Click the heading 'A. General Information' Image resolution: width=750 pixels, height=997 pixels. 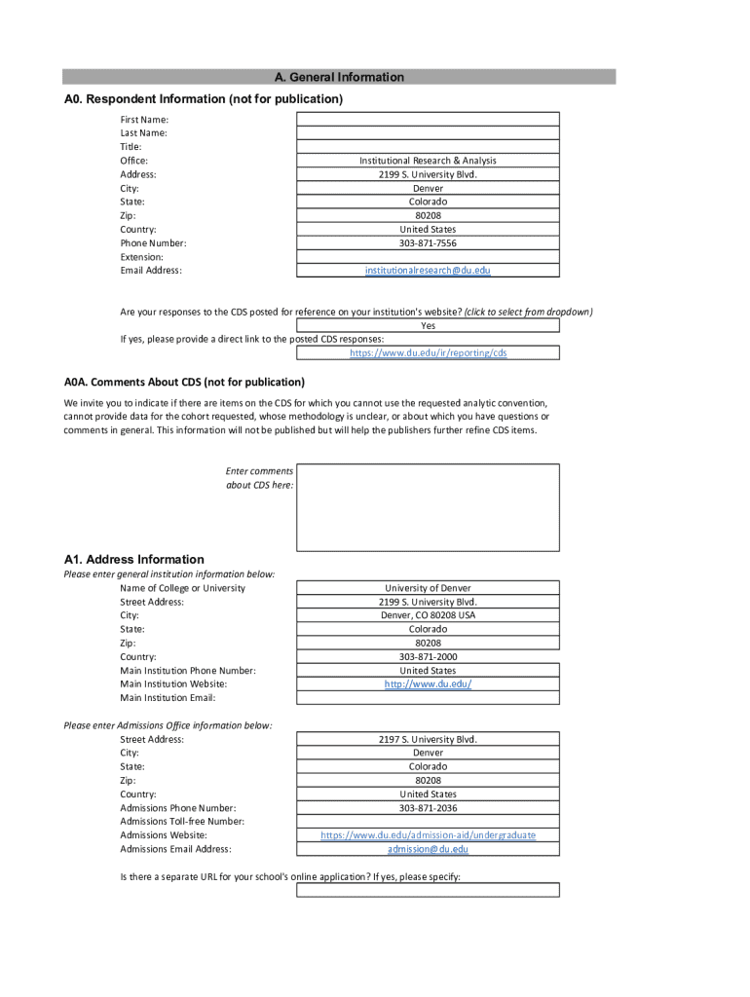coord(339,77)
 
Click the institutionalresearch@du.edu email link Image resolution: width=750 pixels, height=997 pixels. coord(428,271)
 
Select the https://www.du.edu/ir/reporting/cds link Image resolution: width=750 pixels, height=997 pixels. coord(428,353)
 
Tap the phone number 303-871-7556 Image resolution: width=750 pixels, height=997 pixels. coord(428,243)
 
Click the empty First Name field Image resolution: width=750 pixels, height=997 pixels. coord(428,119)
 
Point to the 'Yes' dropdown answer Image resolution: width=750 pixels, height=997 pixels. coord(428,326)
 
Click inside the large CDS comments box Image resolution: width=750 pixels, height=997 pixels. coord(428,507)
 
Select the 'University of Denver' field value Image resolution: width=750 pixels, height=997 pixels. coord(428,588)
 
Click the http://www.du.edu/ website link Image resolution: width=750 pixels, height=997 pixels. coord(428,684)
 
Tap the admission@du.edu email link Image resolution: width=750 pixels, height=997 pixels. coord(428,849)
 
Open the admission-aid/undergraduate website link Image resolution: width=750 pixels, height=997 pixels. coord(428,835)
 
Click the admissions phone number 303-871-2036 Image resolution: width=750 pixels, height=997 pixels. coord(428,808)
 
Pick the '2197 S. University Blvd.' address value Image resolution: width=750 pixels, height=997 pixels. coord(428,739)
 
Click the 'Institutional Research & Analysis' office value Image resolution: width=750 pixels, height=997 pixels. coord(428,161)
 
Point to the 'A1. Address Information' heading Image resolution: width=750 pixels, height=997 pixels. coord(134,560)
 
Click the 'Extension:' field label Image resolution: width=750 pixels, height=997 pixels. coord(142,257)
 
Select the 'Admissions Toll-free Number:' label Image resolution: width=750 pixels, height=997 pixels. coord(182,822)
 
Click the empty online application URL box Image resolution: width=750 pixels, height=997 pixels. coord(428,890)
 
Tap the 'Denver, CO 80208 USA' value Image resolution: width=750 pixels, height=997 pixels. coord(428,615)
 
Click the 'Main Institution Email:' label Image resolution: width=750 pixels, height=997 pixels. coord(168,698)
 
